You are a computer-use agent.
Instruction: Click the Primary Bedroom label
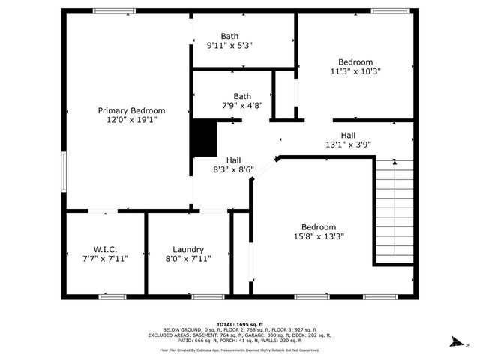[x=132, y=110]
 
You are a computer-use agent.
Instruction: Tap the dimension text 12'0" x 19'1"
[x=132, y=120]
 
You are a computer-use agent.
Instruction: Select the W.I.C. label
[x=105, y=249]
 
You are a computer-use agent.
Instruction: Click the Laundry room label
[x=188, y=250]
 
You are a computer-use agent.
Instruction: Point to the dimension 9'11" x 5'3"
[x=229, y=45]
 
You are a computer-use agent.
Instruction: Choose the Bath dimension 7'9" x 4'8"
[x=242, y=106]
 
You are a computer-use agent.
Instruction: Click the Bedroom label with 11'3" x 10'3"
[x=355, y=61]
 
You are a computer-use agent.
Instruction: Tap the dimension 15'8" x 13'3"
[x=319, y=236]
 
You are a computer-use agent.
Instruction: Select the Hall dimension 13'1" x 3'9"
[x=348, y=145]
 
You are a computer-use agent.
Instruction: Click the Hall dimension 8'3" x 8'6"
[x=234, y=169]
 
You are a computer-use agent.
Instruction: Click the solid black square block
[x=204, y=138]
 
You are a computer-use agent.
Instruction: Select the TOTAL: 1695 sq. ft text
[x=240, y=323]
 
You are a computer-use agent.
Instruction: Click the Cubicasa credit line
[x=240, y=349]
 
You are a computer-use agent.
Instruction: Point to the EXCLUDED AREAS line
[x=240, y=335]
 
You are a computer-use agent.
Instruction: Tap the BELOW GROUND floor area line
[x=240, y=329]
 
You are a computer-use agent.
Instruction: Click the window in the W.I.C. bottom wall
[x=111, y=296]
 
